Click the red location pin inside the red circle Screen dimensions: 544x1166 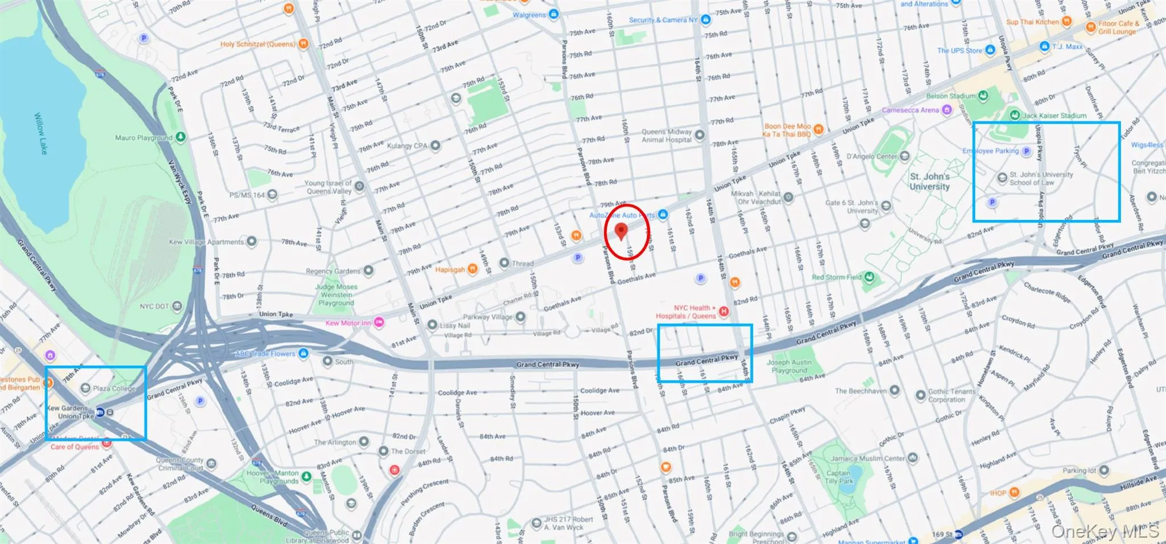click(x=621, y=231)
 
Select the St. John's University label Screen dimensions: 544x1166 click(x=929, y=181)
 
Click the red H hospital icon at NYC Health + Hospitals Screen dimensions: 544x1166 click(x=724, y=311)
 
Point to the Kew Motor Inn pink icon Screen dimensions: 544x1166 click(x=379, y=323)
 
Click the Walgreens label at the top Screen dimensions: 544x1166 click(x=529, y=15)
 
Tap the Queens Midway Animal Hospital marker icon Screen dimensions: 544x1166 click(x=700, y=135)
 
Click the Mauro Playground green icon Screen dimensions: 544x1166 click(x=180, y=137)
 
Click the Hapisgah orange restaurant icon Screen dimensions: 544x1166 click(x=473, y=269)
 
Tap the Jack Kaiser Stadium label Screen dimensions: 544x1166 click(x=1054, y=116)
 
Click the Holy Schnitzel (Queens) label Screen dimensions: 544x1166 click(x=257, y=44)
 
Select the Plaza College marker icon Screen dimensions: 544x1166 click(x=85, y=388)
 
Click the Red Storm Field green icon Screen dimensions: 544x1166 click(x=869, y=277)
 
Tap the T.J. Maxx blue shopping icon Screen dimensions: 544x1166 click(x=1044, y=47)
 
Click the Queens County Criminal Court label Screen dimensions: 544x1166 click(x=180, y=464)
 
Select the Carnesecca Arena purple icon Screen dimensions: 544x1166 click(x=947, y=110)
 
